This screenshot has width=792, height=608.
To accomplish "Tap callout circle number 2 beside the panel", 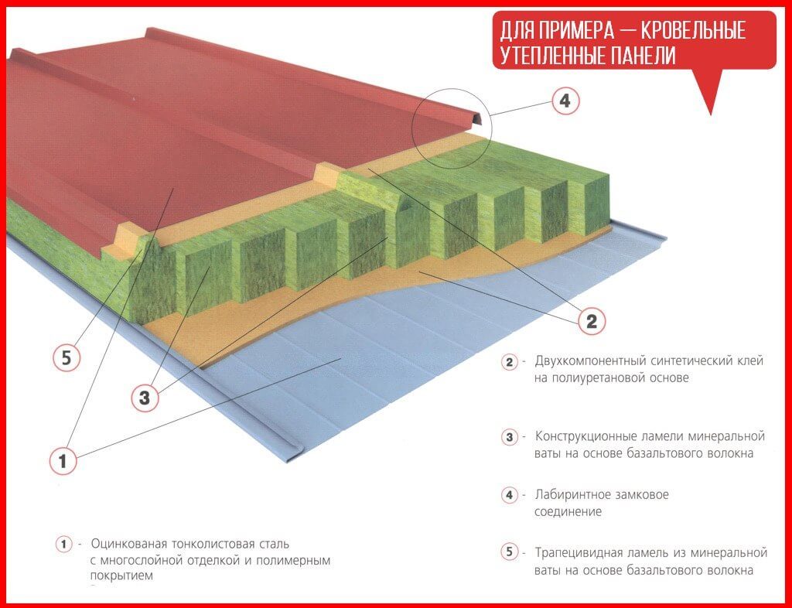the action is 592,320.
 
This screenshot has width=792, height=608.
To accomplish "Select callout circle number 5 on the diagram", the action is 67,358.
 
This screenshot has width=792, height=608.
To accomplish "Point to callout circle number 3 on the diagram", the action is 145,398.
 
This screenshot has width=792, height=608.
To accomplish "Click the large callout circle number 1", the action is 63,461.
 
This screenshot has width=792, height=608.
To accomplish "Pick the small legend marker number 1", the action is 63,545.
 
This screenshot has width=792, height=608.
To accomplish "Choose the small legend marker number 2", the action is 509,362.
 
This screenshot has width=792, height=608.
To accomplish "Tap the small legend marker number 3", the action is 509,437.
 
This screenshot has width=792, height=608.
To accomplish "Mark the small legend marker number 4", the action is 509,495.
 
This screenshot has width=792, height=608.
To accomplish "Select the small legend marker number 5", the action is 509,552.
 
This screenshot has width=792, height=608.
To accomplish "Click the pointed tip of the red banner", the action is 711,114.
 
